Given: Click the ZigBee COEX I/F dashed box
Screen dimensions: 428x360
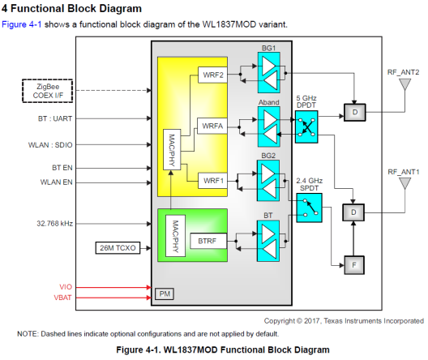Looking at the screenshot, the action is [x=48, y=91].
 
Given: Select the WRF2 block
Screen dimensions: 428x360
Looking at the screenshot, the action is [x=212, y=75].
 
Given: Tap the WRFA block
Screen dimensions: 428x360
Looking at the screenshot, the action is [x=212, y=126].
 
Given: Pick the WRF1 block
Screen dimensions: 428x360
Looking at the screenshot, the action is [x=212, y=181].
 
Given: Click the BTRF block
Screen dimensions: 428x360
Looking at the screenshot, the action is [x=208, y=241].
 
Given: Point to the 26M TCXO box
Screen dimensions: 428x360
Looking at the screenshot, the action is [x=118, y=248].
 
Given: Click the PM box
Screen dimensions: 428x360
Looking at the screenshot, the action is [x=165, y=294].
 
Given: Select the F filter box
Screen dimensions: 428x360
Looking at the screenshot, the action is [x=354, y=265].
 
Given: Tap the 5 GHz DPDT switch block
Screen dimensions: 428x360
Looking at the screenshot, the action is [x=306, y=126].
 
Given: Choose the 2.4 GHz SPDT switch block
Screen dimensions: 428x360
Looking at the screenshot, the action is [x=310, y=208].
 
